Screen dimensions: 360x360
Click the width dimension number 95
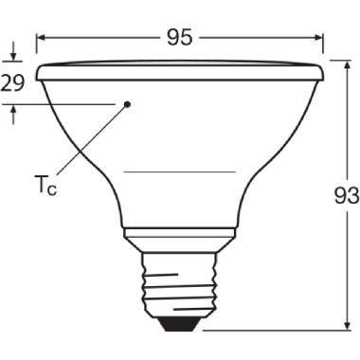tap(179, 37)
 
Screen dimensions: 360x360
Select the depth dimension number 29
tap(12, 82)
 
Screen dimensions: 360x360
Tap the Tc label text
tap(45, 185)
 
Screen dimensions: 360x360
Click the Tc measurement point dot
tap(128, 103)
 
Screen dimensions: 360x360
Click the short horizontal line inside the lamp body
tap(179, 171)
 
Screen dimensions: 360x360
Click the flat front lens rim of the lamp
tap(179, 70)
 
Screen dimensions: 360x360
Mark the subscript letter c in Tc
tap(53, 189)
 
